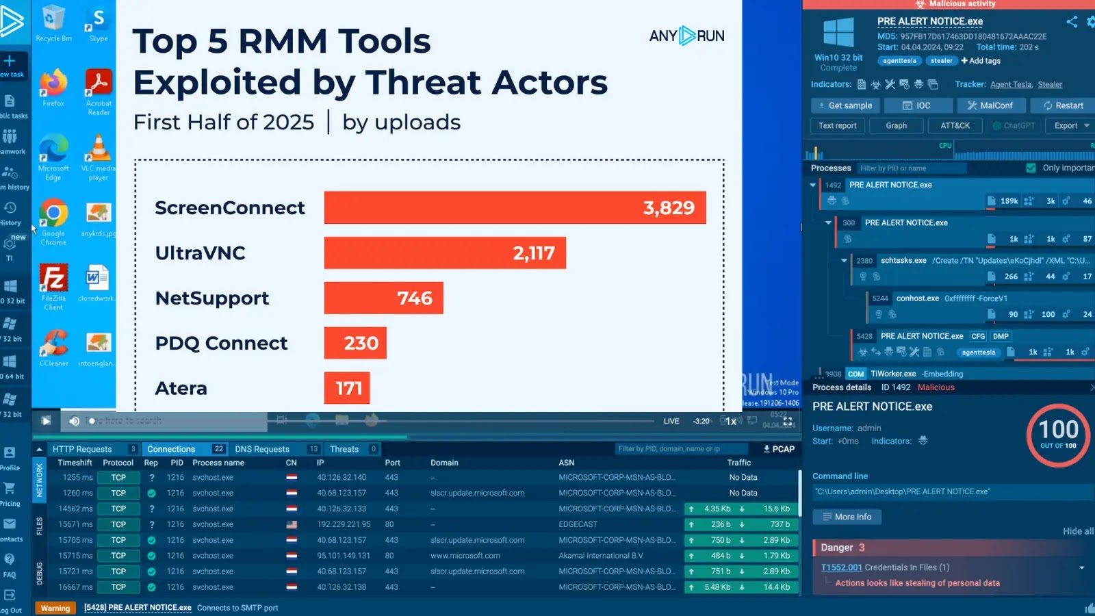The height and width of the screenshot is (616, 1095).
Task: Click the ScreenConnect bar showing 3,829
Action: pos(515,207)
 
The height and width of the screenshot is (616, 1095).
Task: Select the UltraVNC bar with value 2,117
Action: pos(445,253)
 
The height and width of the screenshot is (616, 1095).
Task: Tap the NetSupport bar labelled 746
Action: pos(383,298)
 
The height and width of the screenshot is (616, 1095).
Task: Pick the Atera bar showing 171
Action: pos(347,388)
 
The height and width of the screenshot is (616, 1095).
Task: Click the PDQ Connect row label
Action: pos(221,343)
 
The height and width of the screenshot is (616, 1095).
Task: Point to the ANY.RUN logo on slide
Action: pos(686,36)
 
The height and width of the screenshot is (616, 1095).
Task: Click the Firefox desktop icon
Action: pos(53,86)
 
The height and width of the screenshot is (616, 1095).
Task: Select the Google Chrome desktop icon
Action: pos(53,219)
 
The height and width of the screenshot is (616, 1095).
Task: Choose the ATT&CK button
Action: pos(955,125)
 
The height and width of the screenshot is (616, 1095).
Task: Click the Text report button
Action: pos(838,125)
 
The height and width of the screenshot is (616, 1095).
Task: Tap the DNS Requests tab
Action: pos(262,449)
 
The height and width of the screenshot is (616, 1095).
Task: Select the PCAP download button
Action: pos(779,449)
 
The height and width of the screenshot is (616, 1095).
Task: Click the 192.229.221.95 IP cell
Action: pos(344,524)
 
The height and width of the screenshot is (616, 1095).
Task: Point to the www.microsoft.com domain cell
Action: pos(465,556)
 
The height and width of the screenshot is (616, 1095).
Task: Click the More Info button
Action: pos(847,517)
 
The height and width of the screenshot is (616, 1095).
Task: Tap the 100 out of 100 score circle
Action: pos(1058,435)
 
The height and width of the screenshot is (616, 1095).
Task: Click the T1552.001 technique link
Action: pos(841,567)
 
